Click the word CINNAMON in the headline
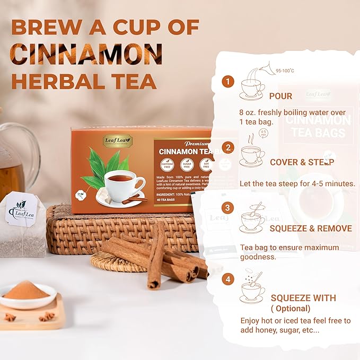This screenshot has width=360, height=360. tap(87, 54)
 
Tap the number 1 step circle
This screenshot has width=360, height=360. tap(227, 82)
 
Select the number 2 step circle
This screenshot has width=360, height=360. tap(227, 148)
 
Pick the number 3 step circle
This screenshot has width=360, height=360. tap(227, 208)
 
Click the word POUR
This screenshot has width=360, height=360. tap(280, 96)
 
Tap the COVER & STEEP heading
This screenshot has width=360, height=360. tap(302, 162)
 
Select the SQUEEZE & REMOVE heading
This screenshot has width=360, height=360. tap(310, 229)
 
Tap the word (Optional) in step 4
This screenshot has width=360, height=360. tap(291, 308)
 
